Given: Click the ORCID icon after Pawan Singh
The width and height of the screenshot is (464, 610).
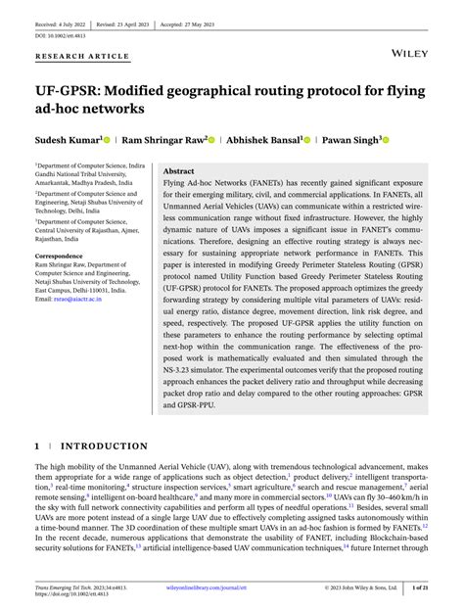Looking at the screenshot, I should coord(385,141).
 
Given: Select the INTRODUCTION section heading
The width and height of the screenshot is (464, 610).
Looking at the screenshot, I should coord(105,446).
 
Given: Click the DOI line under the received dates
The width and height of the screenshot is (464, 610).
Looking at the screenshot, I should coord(60,35).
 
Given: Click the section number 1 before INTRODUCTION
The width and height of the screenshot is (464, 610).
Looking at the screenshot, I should coord(37,446).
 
